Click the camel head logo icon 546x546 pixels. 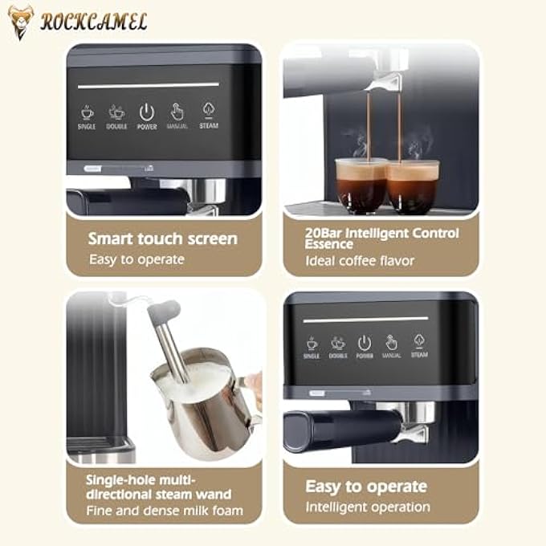tap(21, 22)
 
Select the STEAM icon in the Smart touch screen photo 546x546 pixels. tap(208, 112)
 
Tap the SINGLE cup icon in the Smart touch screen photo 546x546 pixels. tap(87, 112)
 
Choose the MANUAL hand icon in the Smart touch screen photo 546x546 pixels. tap(177, 112)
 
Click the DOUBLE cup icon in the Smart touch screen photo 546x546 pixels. tap(116, 112)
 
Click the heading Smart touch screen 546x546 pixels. tap(162, 238)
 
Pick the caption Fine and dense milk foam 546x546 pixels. tap(165, 511)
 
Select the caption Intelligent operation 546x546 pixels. tap(368, 507)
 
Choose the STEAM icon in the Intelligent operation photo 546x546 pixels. tap(419, 341)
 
